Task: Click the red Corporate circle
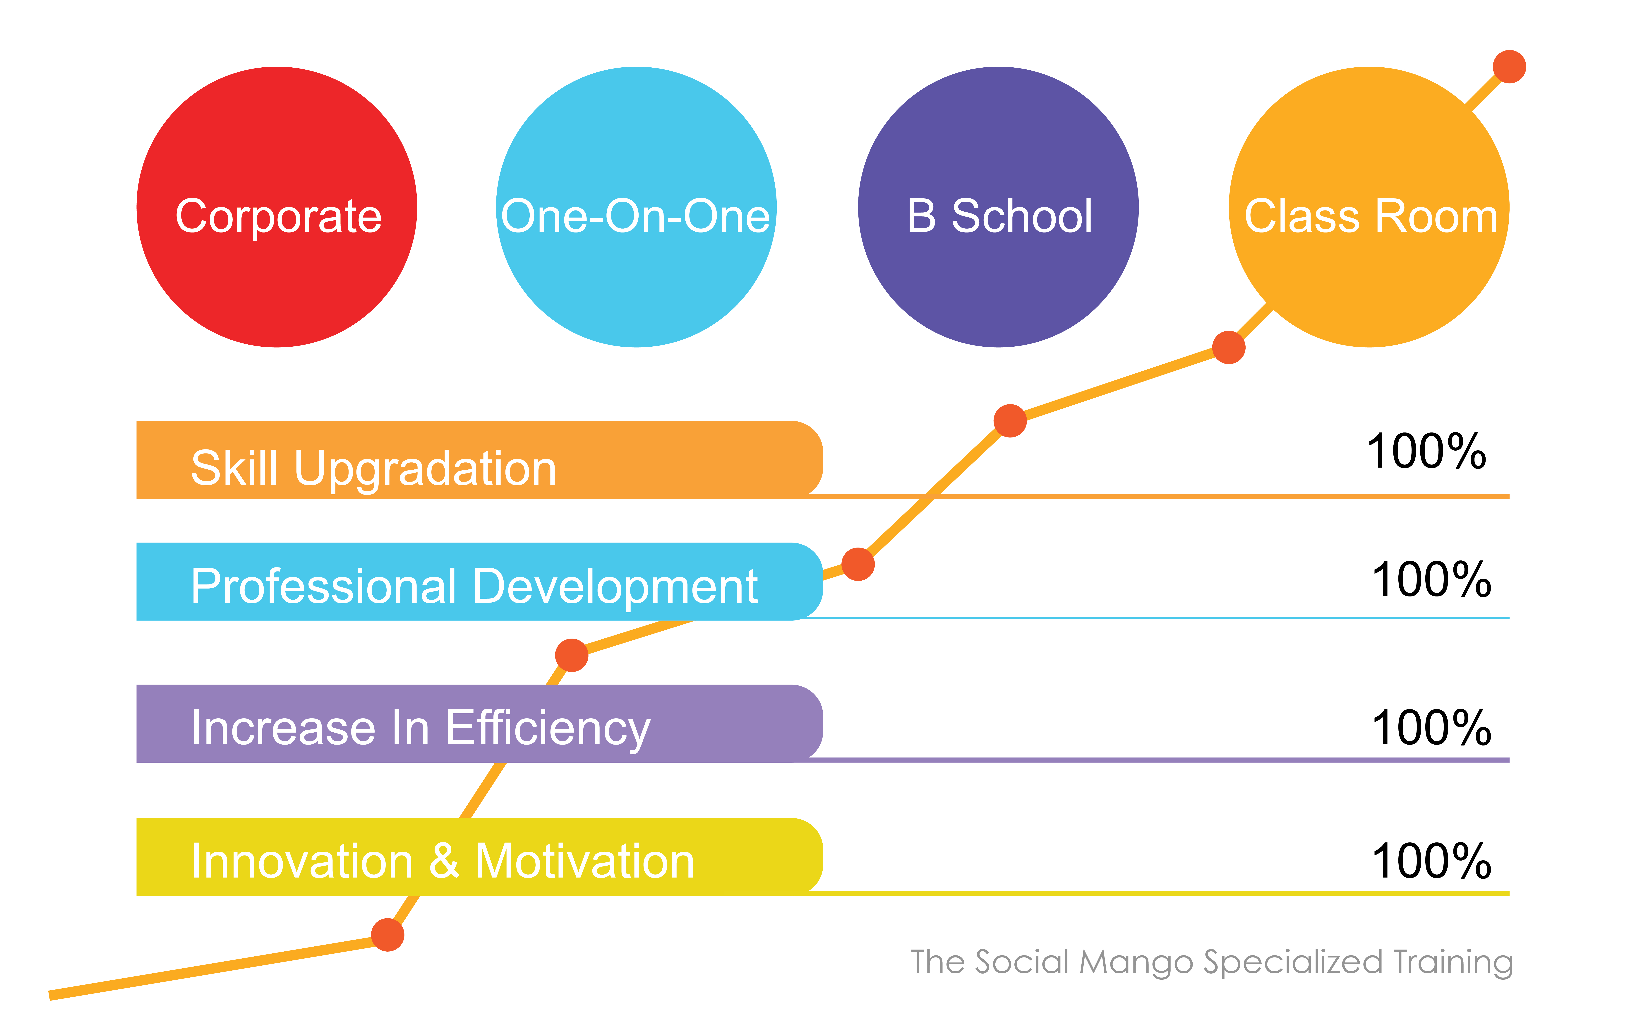[x=277, y=207]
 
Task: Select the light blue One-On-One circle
[x=636, y=207]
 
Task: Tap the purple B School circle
[x=998, y=207]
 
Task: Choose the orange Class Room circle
[x=1369, y=207]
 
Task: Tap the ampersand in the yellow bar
[x=444, y=860]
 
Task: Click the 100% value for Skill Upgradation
[x=1426, y=451]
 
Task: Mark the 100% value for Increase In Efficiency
[x=1431, y=727]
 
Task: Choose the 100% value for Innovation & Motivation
[x=1431, y=860]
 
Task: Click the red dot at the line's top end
[x=1509, y=66]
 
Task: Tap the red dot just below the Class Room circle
[x=1229, y=347]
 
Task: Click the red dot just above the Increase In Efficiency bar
[x=571, y=655]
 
